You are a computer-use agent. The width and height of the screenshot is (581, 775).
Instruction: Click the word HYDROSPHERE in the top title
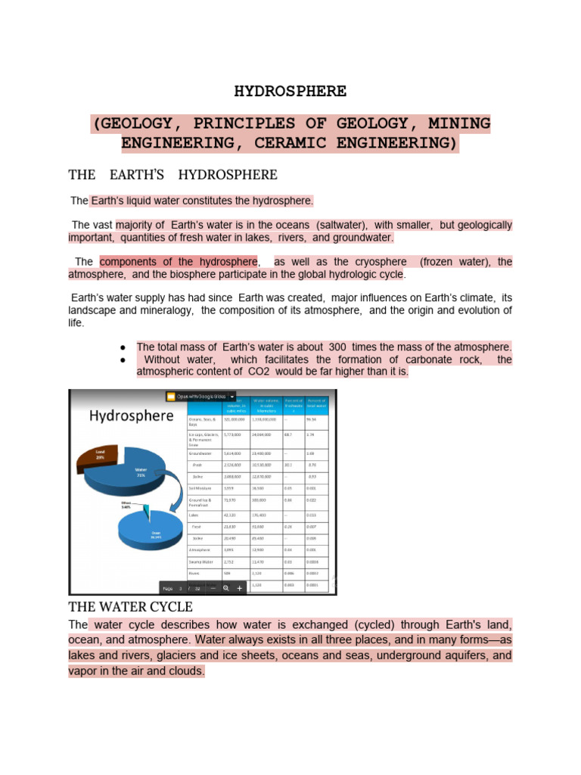(290, 92)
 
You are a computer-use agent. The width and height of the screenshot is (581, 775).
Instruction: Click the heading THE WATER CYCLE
(130, 607)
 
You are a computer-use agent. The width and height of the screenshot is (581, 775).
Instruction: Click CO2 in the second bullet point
(259, 372)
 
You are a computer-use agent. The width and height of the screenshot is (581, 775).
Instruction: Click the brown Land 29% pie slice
(99, 456)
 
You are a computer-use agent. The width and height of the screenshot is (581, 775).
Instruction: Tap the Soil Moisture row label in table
(202, 489)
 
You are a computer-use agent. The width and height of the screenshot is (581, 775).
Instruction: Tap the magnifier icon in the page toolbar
(225, 587)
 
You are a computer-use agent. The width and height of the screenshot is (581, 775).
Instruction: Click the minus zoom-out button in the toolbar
(213, 587)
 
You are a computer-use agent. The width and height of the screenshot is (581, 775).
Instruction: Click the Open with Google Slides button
(200, 396)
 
